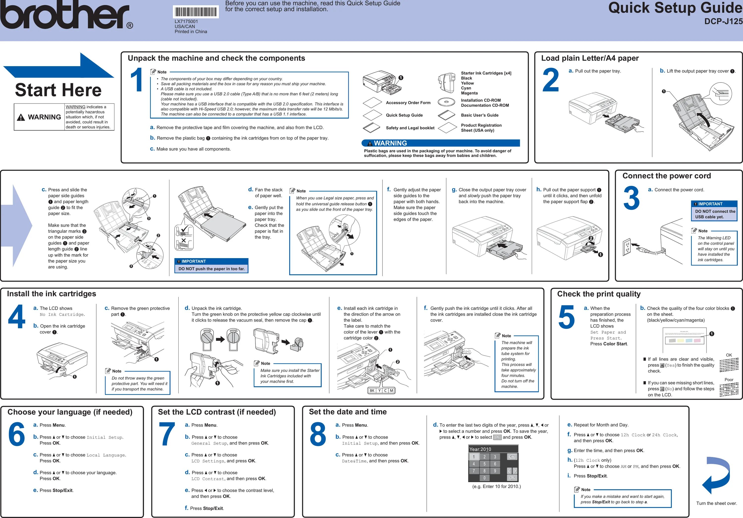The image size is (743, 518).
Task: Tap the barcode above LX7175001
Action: point(196,12)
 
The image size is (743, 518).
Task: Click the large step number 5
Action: point(567,317)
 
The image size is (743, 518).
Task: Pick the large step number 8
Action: point(318,434)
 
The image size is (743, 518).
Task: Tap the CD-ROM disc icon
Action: point(446,102)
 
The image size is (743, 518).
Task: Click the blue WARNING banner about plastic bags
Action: point(440,143)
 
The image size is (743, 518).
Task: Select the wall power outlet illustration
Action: point(627,247)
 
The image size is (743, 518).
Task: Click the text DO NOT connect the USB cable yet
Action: point(715,214)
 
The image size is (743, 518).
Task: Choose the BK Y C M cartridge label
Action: point(382,390)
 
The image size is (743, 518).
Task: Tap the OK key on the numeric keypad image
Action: point(512,478)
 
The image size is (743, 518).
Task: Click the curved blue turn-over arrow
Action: point(716,474)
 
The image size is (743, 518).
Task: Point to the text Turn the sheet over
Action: point(716,503)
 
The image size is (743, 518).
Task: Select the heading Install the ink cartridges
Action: point(52,294)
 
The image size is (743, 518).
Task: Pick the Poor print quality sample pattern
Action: point(729,389)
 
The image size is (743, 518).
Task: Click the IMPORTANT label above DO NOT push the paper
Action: point(193,261)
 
